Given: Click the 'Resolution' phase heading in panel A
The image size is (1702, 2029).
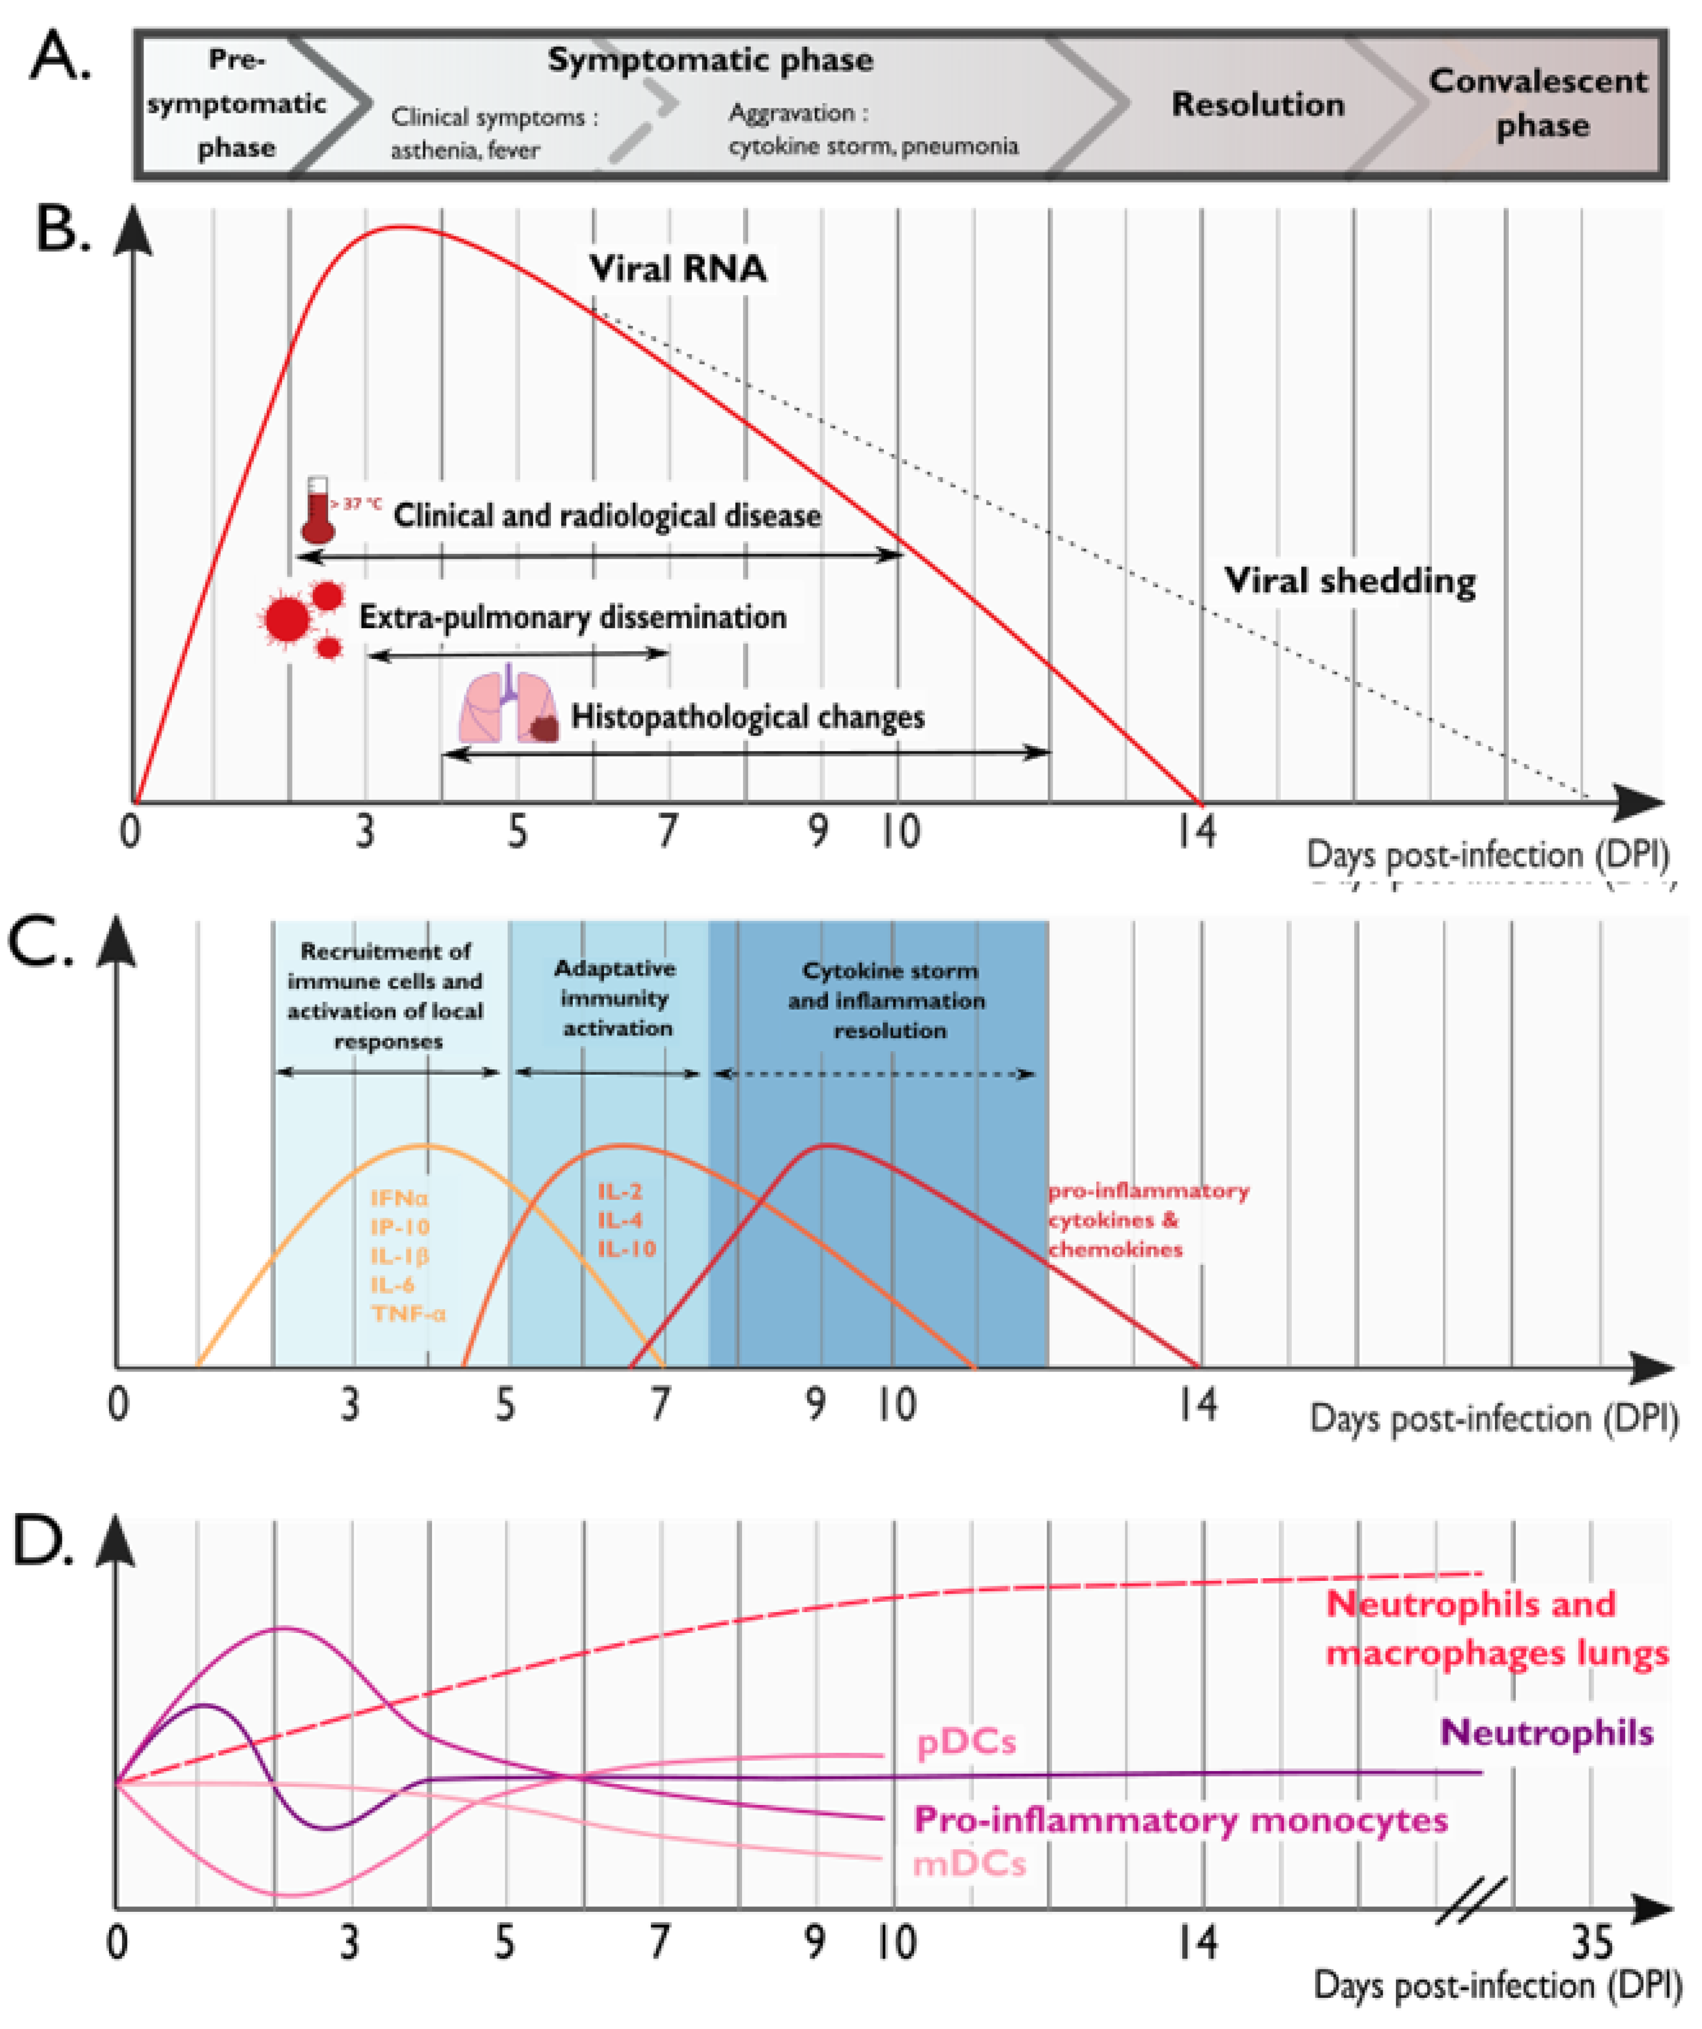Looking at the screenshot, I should coord(1258,104).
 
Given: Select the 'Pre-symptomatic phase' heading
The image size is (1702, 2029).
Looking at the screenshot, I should coord(237,104).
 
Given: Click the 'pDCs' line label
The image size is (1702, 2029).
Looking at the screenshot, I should coord(966,1742).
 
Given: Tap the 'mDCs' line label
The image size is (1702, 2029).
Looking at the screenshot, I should coord(969,1863).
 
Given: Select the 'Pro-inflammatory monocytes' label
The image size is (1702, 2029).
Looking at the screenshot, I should coord(1180,1820).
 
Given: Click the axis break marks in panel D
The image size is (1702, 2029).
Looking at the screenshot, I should coord(1470,1900).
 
